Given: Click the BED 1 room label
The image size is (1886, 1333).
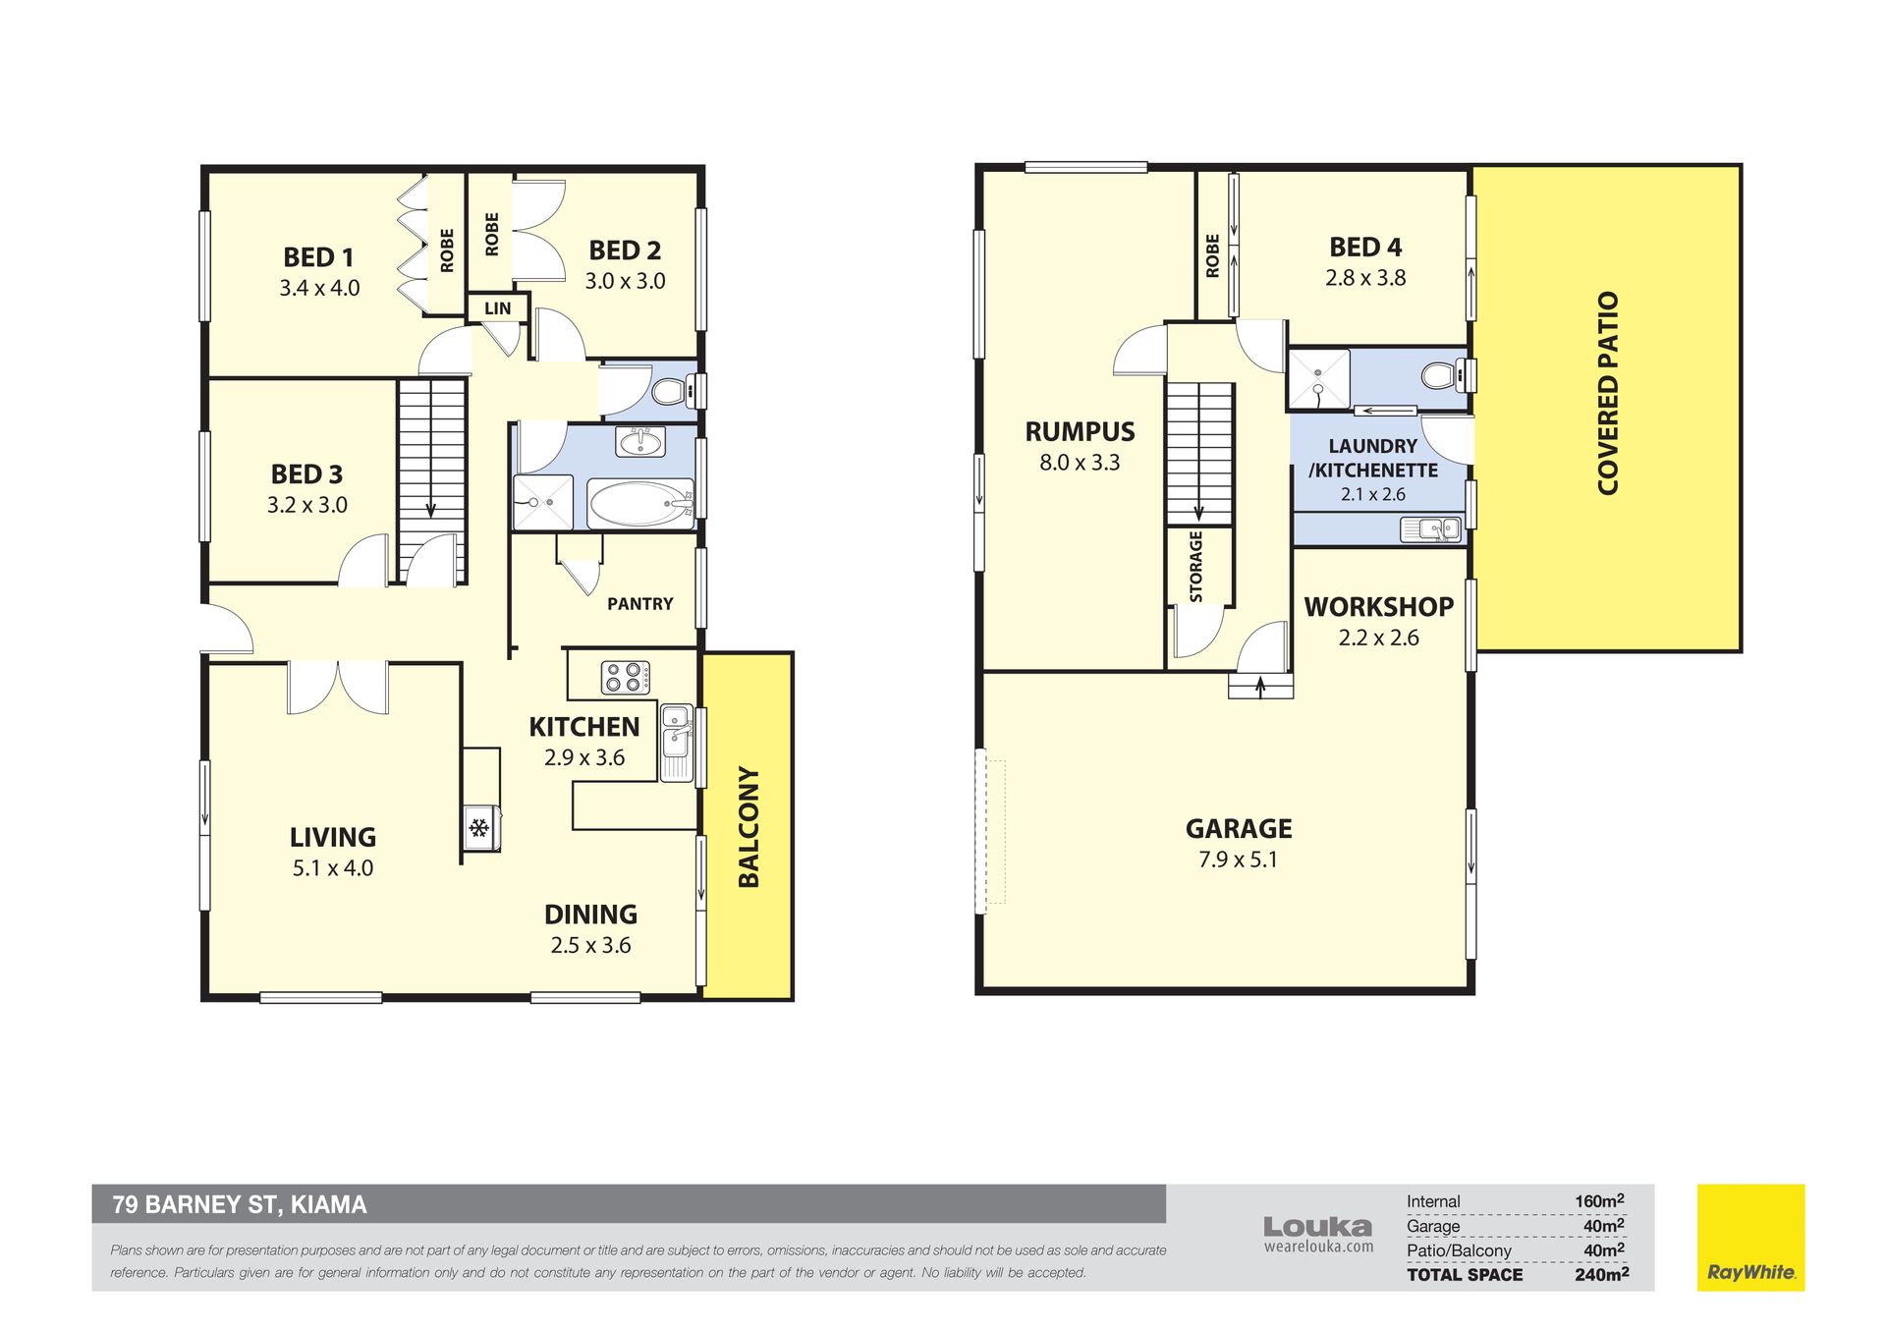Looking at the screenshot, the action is [318, 257].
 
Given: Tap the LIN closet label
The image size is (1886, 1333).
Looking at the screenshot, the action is [498, 308].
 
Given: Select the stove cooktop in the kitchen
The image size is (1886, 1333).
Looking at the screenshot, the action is [624, 677].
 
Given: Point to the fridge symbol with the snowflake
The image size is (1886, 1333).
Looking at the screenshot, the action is [479, 828].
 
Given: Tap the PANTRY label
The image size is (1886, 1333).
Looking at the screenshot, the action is [640, 604].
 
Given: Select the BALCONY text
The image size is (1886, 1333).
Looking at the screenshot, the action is [749, 827].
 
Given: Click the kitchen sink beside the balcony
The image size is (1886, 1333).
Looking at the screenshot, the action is [677, 743].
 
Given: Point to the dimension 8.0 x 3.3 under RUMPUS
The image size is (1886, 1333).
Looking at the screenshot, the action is [1080, 463].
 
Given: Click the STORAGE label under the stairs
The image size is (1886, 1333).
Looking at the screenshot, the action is [1195, 567].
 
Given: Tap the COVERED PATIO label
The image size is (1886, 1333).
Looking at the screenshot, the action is [1607, 393].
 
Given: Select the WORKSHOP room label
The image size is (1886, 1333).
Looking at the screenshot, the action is [1378, 607].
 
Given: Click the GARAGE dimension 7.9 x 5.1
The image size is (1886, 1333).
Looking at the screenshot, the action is [1238, 860].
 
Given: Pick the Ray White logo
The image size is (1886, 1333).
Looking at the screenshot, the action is [1750, 1238].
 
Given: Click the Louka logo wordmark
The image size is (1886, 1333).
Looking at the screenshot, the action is [1317, 1227].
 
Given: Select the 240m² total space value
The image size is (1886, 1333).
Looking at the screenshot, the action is [1601, 1274].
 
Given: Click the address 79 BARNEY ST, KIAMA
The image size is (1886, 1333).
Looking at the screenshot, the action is [240, 1204].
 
